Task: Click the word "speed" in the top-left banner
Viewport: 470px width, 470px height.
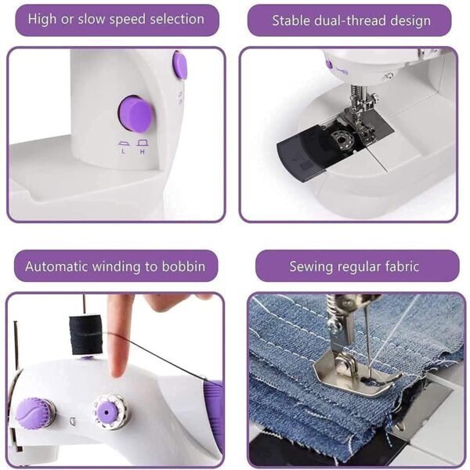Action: tap(124, 19)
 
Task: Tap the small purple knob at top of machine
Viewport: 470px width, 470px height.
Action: tap(180, 65)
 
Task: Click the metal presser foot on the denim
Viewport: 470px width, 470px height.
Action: tap(356, 373)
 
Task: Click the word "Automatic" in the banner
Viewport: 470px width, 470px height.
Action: tap(59, 266)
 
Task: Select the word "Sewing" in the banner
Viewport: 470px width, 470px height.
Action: tap(312, 266)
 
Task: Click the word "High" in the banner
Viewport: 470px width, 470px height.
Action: tap(42, 19)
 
